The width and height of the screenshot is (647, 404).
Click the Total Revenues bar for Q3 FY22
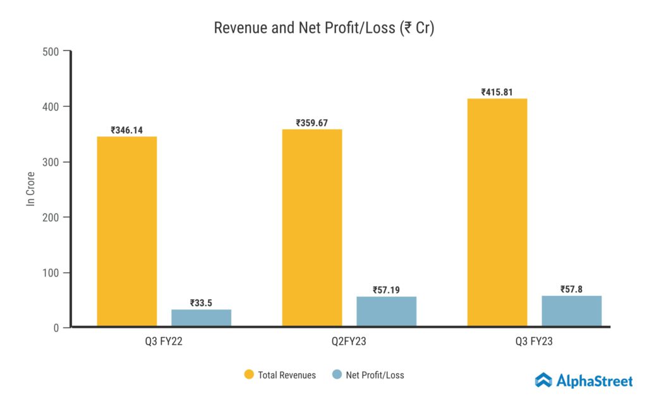tap(127, 232)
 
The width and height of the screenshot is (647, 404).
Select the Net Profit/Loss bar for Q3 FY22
tap(202, 318)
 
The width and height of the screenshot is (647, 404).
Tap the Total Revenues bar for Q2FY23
tap(312, 228)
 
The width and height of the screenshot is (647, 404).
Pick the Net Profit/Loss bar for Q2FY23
tap(387, 311)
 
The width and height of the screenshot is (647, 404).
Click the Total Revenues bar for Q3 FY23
tap(497, 213)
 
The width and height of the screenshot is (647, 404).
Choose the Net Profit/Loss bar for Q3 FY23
tap(572, 311)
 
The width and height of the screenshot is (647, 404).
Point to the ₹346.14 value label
tap(127, 130)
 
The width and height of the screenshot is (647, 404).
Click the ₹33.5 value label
tap(202, 303)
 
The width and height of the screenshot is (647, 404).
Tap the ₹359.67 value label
tap(312, 123)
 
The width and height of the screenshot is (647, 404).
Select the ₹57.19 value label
tap(387, 290)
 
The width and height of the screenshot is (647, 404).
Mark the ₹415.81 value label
tap(497, 92)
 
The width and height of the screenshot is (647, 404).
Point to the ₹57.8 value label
tap(572, 290)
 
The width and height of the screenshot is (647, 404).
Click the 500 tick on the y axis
tap(51, 51)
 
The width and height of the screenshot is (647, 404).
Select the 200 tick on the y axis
tap(51, 217)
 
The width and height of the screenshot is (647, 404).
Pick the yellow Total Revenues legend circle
tap(249, 375)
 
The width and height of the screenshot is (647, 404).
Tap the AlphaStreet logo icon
tap(543, 380)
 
